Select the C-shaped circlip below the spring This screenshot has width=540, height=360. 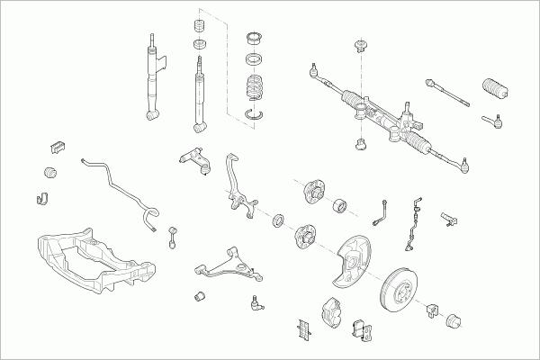256,113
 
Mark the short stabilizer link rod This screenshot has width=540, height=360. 172,237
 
